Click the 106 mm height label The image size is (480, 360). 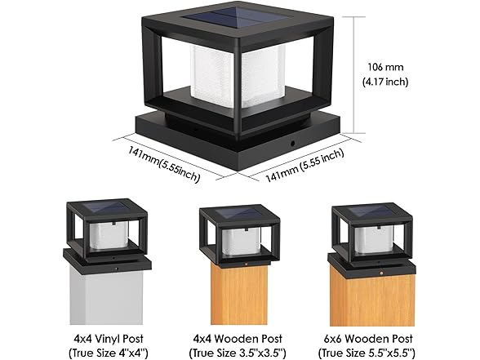(385, 67)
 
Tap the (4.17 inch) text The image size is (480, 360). (385, 82)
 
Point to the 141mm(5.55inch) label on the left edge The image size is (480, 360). (164, 164)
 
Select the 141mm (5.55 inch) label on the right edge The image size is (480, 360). (304, 165)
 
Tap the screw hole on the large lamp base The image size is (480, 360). (293, 143)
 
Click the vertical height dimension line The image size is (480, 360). (354, 75)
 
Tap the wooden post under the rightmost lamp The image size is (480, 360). (372, 300)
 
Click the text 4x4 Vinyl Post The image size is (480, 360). (109, 339)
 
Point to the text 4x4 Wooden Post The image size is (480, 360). (238, 339)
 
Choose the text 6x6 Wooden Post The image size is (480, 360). (368, 339)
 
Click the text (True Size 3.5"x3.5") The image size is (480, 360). (238, 353)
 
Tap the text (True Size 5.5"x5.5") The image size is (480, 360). (367, 353)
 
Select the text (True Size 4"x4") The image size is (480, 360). (109, 353)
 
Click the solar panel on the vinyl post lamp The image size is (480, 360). (106, 208)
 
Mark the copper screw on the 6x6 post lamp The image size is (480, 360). (381, 272)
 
